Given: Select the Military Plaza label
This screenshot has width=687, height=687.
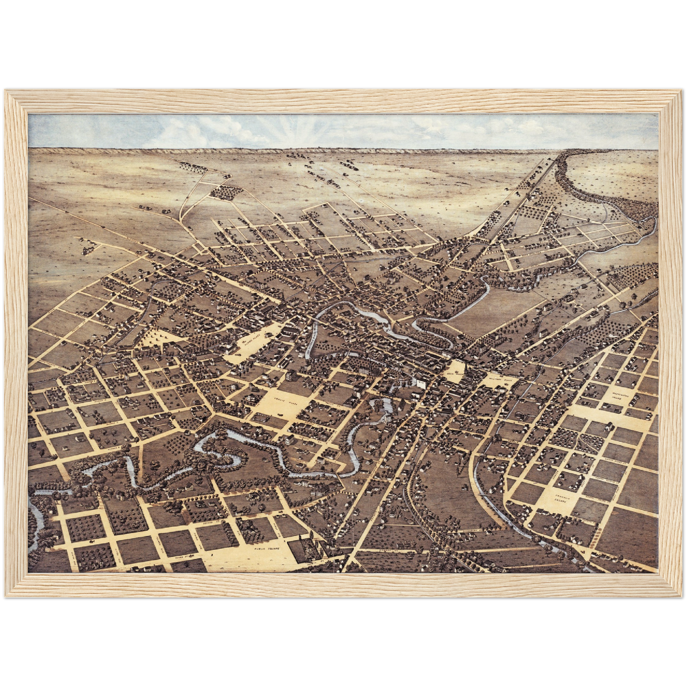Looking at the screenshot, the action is [497, 381].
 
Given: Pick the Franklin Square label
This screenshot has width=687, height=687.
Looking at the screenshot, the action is [564, 499].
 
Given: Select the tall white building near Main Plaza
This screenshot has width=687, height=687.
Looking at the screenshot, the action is [420, 383].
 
